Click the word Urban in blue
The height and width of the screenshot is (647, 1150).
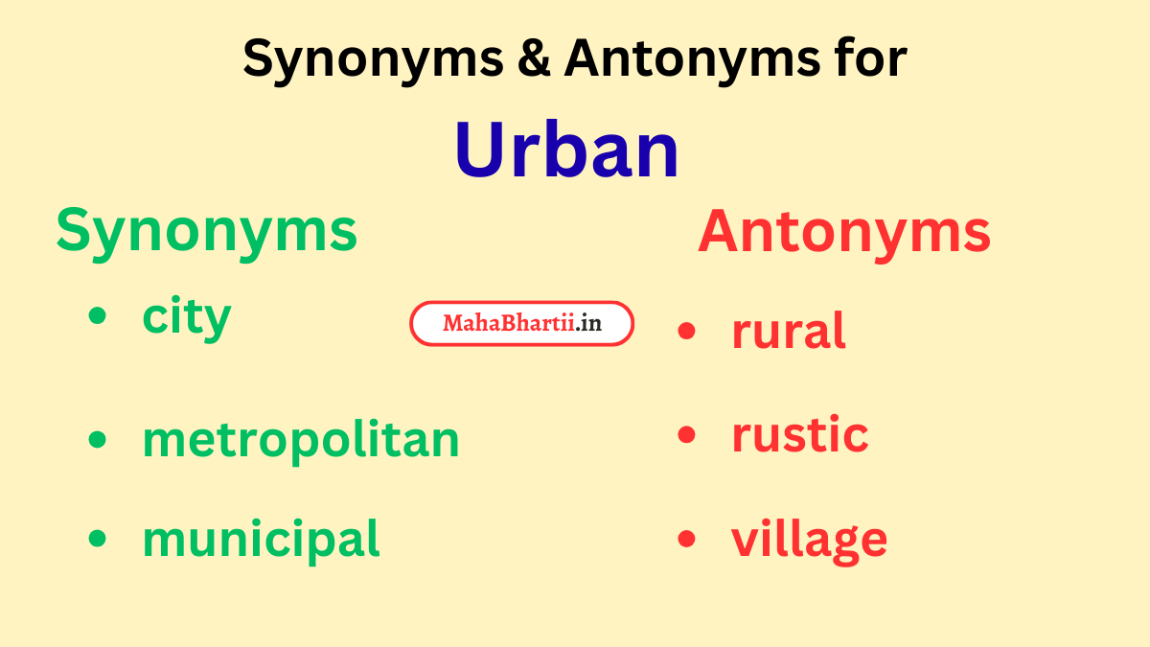click(x=566, y=150)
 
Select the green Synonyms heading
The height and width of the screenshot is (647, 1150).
click(x=206, y=232)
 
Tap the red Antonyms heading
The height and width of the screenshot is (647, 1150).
click(x=844, y=232)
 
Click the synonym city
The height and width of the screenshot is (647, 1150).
click(x=187, y=317)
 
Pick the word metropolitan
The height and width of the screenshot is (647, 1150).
click(x=301, y=440)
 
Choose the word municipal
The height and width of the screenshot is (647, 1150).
click(x=261, y=540)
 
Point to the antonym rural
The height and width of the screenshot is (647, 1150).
click(x=789, y=332)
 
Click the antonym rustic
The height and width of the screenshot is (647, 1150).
click(x=800, y=434)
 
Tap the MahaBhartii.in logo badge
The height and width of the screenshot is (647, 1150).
click(x=522, y=324)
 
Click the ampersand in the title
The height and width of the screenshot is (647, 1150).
click(x=532, y=59)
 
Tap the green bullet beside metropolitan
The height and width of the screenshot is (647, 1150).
click(x=97, y=440)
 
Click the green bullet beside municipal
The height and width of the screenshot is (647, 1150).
click(x=97, y=539)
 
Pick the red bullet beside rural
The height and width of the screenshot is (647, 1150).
click(x=686, y=332)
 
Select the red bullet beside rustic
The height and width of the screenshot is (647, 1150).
click(x=686, y=434)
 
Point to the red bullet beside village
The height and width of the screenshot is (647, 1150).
click(x=686, y=539)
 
